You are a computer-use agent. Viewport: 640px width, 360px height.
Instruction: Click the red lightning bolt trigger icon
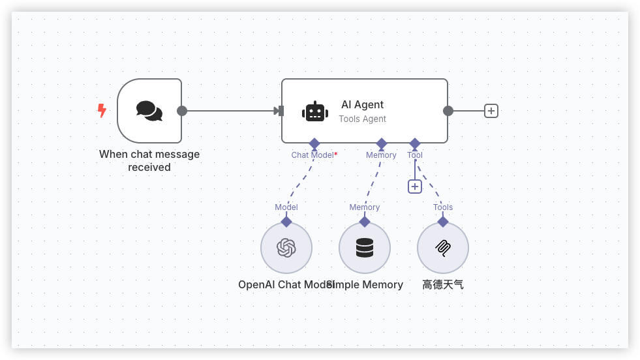point(102,111)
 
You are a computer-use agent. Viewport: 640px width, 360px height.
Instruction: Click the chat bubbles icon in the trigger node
point(149,111)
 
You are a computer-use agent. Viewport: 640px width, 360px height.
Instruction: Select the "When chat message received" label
point(149,161)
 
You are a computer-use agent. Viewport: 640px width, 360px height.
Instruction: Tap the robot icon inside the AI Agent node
point(315,112)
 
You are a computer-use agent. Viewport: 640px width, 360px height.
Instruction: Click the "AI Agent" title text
point(362,104)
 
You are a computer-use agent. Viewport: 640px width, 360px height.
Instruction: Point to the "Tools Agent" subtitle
point(362,119)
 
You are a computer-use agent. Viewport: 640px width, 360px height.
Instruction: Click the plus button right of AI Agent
point(491,111)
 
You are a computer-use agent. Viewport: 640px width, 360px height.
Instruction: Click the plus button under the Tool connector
point(415,187)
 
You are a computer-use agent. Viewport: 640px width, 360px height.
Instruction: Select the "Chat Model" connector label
point(312,155)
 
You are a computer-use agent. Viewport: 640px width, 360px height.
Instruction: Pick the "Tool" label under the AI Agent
point(415,155)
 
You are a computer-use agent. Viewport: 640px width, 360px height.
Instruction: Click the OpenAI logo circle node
point(286,248)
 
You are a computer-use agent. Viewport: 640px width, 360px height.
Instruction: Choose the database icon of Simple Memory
point(365,248)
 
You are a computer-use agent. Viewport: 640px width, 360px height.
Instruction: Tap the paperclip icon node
point(443,248)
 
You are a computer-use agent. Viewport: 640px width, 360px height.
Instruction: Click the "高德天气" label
point(443,284)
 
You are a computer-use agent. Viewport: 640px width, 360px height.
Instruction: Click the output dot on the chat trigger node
point(182,111)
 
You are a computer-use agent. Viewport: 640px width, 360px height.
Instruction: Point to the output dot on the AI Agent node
point(448,111)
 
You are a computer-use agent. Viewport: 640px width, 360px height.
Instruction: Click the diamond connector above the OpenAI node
point(286,222)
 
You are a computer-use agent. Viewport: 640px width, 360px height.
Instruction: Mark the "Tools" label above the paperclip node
point(443,207)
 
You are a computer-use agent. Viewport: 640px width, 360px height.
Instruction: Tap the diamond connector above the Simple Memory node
point(365,222)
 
